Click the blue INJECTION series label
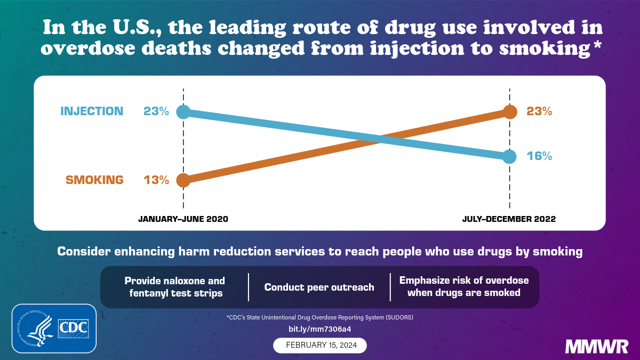click(92, 111)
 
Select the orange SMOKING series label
click(94, 180)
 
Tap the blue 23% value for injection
click(156, 111)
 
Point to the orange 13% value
click(156, 180)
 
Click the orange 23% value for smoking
click(539, 111)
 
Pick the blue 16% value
click(539, 156)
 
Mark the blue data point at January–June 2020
click(183, 111)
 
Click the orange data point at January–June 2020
click(183, 180)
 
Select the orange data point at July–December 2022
click(510, 112)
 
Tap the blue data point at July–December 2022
click(510, 156)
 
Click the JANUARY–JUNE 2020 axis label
click(183, 219)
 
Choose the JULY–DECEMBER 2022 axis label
click(509, 219)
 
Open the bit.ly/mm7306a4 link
click(320, 329)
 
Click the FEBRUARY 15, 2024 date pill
click(320, 345)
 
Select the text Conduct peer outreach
click(319, 287)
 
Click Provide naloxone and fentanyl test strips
click(174, 286)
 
